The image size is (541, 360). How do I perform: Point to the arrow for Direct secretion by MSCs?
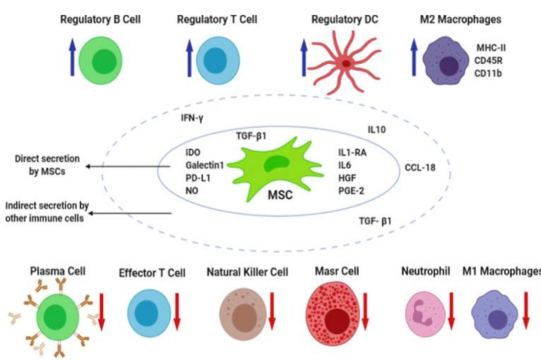[x=132, y=166]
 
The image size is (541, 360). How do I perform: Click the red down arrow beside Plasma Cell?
[x=101, y=309]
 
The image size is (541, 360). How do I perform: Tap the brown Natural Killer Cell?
[x=244, y=311]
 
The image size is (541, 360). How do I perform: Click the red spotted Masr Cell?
[x=336, y=313]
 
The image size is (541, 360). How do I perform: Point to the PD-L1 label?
[x=198, y=177]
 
